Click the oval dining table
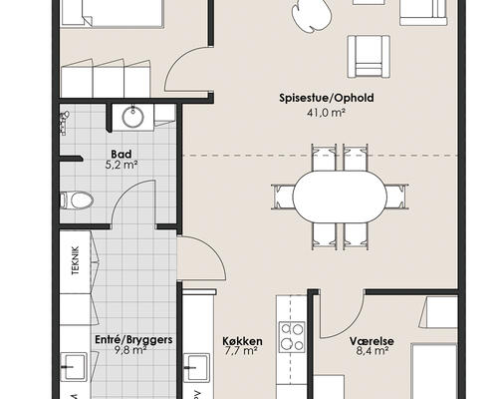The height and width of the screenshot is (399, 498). pyautogui.click(x=339, y=196)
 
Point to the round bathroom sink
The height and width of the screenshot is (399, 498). pyautogui.click(x=134, y=118)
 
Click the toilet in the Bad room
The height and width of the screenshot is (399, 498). pyautogui.click(x=77, y=200)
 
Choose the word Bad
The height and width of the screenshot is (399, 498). pyautogui.click(x=121, y=155)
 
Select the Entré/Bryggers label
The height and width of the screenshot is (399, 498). pyautogui.click(x=133, y=339)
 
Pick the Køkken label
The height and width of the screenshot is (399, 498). pyautogui.click(x=240, y=340)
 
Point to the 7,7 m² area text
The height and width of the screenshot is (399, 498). pyautogui.click(x=240, y=353)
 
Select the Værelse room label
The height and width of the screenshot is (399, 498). pyautogui.click(x=372, y=340)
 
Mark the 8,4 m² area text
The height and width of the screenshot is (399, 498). pyautogui.click(x=372, y=353)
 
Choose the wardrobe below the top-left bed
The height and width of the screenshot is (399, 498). pyautogui.click(x=104, y=78)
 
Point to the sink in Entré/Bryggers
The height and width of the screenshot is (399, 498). pyautogui.click(x=76, y=365)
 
